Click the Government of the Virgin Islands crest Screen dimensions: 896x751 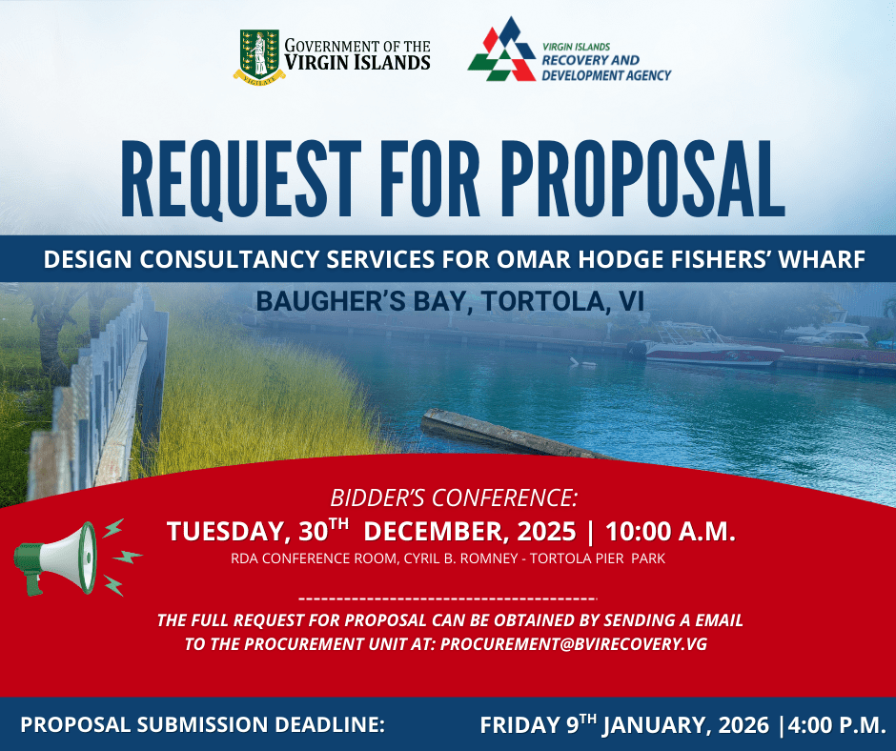[259, 56]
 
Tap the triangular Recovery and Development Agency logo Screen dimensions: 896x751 [501, 50]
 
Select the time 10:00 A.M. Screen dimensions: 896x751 [670, 532]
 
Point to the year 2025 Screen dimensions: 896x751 [546, 532]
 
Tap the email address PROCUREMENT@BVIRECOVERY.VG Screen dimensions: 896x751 [574, 644]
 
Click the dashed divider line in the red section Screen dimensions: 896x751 [447, 599]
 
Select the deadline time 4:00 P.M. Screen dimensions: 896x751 [837, 724]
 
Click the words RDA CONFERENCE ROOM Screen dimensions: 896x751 [314, 558]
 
